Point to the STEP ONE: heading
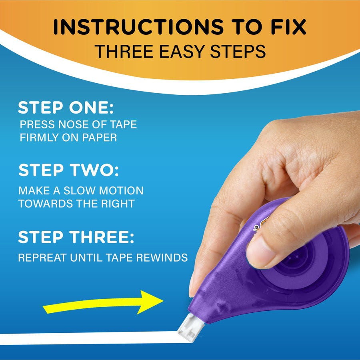(x=66, y=108)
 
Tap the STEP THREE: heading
(x=76, y=237)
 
